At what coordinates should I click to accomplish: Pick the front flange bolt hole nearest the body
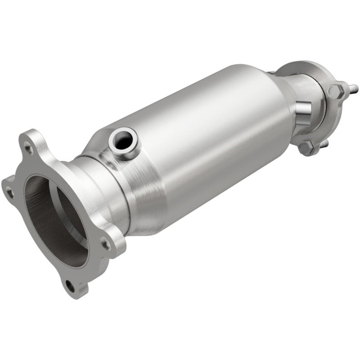[105, 244]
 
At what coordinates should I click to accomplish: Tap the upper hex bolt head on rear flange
[335, 91]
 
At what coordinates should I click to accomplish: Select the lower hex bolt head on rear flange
[306, 147]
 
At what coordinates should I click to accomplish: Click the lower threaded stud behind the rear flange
[325, 143]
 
